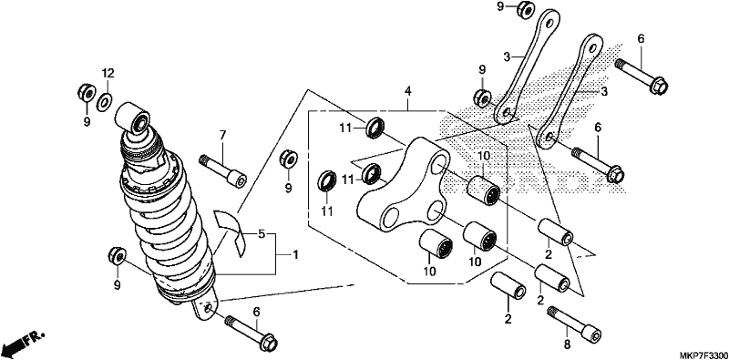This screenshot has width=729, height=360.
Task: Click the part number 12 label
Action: [x=108, y=73]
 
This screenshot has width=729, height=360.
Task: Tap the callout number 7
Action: [x=222, y=136]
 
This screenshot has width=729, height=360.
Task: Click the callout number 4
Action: [x=407, y=91]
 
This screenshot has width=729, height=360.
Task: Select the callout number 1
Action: [x=294, y=255]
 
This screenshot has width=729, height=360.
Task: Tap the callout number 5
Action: [x=262, y=234]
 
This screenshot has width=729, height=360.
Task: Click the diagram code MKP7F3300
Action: [x=704, y=355]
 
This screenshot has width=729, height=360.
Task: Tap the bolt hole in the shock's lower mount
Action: [x=209, y=307]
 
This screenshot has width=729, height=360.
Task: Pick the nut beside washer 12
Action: [x=87, y=93]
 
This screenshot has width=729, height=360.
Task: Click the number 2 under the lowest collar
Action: [x=508, y=319]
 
